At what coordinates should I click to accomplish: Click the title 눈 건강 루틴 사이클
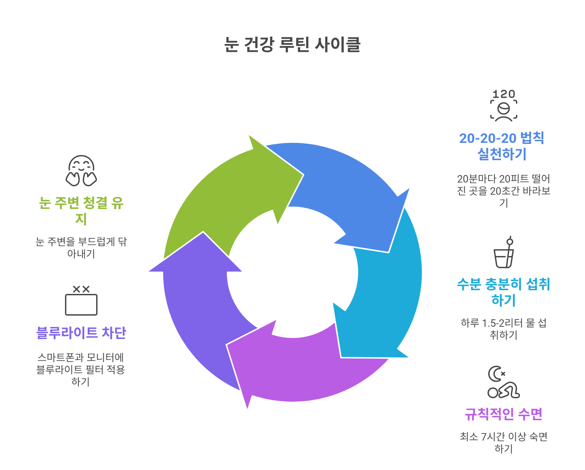click(292, 44)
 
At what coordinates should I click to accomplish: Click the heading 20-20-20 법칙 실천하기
click(502, 146)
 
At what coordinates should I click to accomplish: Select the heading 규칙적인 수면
click(503, 414)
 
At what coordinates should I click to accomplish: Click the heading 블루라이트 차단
click(81, 333)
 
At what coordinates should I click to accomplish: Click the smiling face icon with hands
click(81, 171)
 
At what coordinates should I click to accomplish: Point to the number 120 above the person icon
click(503, 94)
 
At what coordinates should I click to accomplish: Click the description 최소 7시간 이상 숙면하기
click(503, 443)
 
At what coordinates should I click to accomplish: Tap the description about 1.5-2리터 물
click(503, 329)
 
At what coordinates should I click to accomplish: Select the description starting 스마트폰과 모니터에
click(81, 369)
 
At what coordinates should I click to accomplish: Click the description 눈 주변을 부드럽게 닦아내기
click(81, 248)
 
